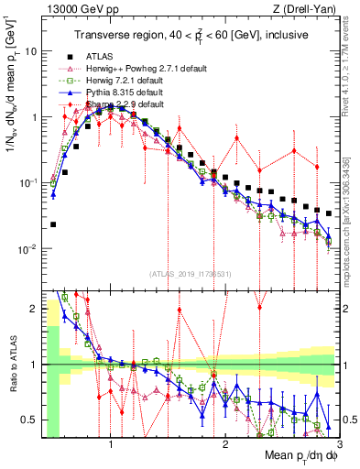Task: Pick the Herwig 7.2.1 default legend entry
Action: tap(135, 80)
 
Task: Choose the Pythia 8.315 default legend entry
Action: tap(135, 92)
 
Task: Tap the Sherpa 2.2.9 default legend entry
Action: tap(135, 104)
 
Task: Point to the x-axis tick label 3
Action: tap(338, 446)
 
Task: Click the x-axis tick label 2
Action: tap(224, 446)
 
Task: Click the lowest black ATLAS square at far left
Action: tap(53, 224)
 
